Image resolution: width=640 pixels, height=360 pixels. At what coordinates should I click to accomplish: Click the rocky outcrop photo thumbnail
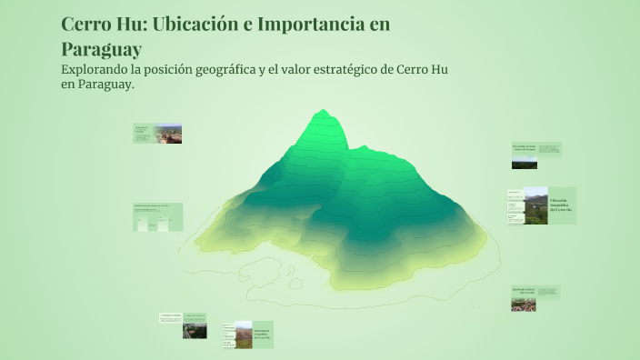167,134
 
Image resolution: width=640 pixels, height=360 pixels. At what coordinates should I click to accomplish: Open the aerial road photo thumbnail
195,329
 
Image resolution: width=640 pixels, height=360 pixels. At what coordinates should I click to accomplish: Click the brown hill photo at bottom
243,335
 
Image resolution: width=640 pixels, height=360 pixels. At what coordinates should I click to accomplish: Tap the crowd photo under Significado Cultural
523,304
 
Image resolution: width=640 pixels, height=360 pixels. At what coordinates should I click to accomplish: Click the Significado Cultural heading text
523,291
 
